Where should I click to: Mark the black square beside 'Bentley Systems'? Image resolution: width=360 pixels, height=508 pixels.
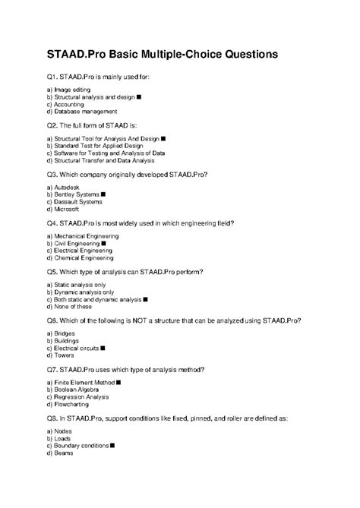point(103,195)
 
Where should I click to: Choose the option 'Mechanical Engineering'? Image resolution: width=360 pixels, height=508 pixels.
point(86,236)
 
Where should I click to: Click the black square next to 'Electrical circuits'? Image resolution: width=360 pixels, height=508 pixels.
point(103,349)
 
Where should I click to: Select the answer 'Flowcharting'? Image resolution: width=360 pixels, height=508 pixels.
point(74,405)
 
